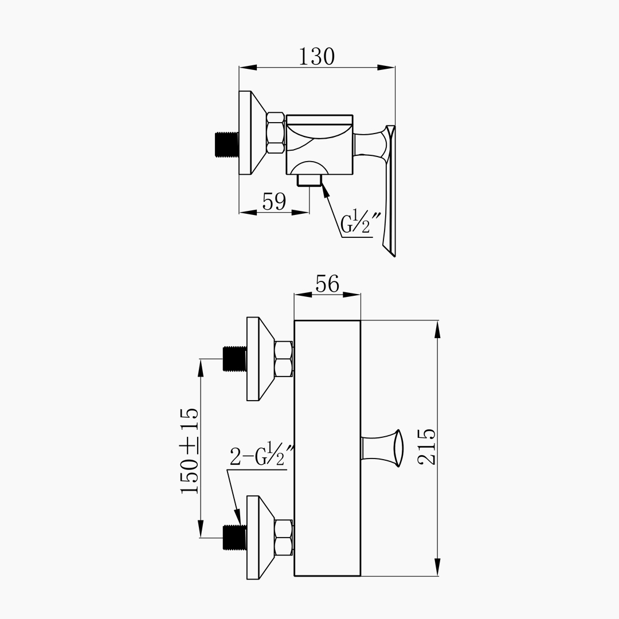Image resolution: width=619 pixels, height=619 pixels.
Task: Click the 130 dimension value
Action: (x=316, y=56)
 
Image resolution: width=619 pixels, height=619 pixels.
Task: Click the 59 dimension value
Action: (x=274, y=201)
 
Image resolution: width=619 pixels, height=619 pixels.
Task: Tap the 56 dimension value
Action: (x=327, y=284)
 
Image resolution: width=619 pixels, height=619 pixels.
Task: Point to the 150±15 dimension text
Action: (x=190, y=451)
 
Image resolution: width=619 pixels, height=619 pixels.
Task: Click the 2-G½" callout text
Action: (x=262, y=455)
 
